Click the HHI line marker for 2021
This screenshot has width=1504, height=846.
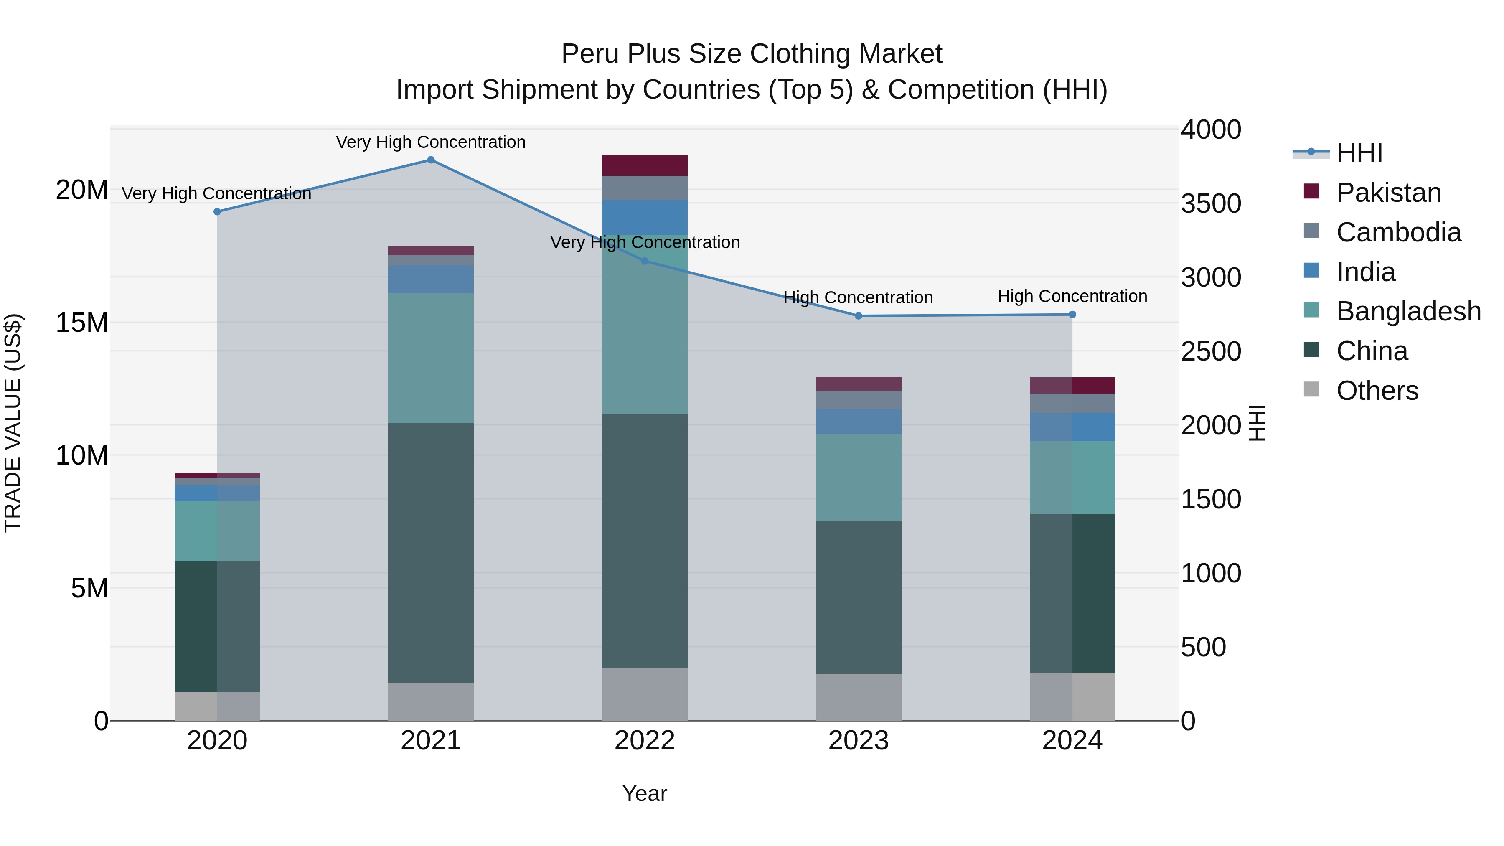click(431, 160)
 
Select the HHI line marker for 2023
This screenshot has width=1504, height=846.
click(858, 316)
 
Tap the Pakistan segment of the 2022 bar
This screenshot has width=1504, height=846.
click(645, 165)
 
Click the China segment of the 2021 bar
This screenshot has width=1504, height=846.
click(431, 552)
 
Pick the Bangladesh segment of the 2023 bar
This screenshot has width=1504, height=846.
click(858, 477)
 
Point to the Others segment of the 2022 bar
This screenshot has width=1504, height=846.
click(645, 694)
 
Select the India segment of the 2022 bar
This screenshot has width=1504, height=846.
click(645, 217)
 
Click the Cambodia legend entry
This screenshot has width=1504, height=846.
click(1399, 232)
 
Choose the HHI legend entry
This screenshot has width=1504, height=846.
click(1359, 153)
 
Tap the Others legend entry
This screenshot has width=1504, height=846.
click(1377, 391)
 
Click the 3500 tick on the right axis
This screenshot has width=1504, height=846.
click(1211, 204)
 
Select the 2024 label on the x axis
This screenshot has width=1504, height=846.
click(1072, 741)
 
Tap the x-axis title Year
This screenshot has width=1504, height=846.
click(645, 793)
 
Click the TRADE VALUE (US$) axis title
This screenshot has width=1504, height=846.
click(13, 423)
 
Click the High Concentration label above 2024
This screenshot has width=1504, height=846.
click(1072, 297)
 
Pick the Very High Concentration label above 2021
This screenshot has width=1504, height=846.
click(431, 142)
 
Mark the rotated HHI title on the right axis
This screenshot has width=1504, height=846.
click(1256, 423)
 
